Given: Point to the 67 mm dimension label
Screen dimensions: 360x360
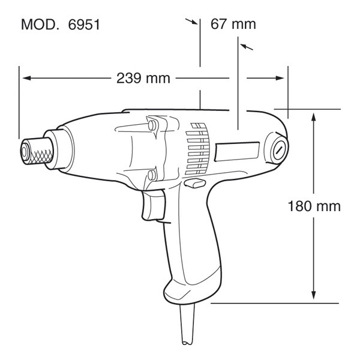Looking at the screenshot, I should pyautogui.click(x=233, y=24).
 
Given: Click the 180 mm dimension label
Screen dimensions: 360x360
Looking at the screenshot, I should pyautogui.click(x=314, y=206).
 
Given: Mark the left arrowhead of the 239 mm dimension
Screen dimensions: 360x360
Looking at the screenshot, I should pyautogui.click(x=25, y=78).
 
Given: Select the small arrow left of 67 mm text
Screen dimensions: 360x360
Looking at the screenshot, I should pyautogui.click(x=193, y=22).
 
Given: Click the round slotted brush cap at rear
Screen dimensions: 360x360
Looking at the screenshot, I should pyautogui.click(x=279, y=149).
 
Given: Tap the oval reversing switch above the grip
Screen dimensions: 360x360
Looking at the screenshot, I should pyautogui.click(x=193, y=184).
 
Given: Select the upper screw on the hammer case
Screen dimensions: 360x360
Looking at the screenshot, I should pyautogui.click(x=151, y=125).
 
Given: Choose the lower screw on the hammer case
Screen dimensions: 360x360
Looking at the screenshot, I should pyautogui.click(x=151, y=175).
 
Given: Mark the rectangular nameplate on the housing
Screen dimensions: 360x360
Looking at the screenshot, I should pyautogui.click(x=236, y=153).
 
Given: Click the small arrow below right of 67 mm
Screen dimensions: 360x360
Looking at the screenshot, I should pyautogui.click(x=245, y=46).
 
